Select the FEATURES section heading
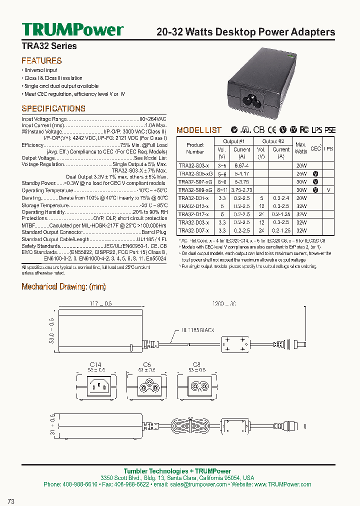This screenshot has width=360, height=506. click(41, 61)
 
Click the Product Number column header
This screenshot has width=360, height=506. click(195, 148)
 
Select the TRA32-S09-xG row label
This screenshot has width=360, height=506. click(195, 190)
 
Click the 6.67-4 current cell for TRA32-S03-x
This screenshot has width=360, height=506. click(241, 165)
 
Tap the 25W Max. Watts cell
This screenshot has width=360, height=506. click(301, 173)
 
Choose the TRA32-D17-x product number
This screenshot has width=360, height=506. click(193, 214)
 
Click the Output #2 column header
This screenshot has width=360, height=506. click(273, 141)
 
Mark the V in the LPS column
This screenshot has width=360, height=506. click(328, 190)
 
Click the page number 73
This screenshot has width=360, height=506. click(11, 500)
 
